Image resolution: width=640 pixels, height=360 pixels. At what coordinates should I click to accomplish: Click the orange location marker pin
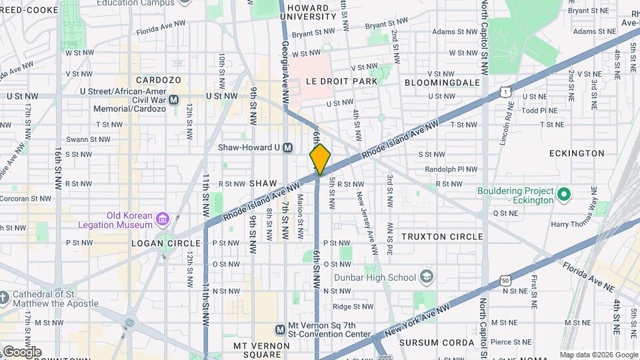click(320, 159)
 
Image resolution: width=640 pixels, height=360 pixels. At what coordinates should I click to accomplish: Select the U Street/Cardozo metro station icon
click(174, 99)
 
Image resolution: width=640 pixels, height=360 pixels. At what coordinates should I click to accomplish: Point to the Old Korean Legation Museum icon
click(162, 219)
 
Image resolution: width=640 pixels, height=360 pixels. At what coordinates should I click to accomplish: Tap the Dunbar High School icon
click(427, 277)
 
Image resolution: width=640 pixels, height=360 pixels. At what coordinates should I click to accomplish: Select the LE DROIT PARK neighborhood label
click(341, 81)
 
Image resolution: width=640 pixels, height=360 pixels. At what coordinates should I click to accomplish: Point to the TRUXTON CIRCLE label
click(442, 237)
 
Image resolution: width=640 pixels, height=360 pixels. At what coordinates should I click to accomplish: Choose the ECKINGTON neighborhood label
click(577, 153)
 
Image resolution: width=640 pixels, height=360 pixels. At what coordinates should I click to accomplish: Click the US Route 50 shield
click(505, 281)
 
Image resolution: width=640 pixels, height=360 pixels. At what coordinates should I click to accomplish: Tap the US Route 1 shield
click(507, 92)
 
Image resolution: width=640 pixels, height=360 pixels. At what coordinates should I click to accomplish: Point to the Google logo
click(22, 351)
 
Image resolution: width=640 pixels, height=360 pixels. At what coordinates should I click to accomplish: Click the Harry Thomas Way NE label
click(577, 224)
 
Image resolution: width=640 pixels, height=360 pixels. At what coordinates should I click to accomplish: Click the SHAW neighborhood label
click(263, 183)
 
